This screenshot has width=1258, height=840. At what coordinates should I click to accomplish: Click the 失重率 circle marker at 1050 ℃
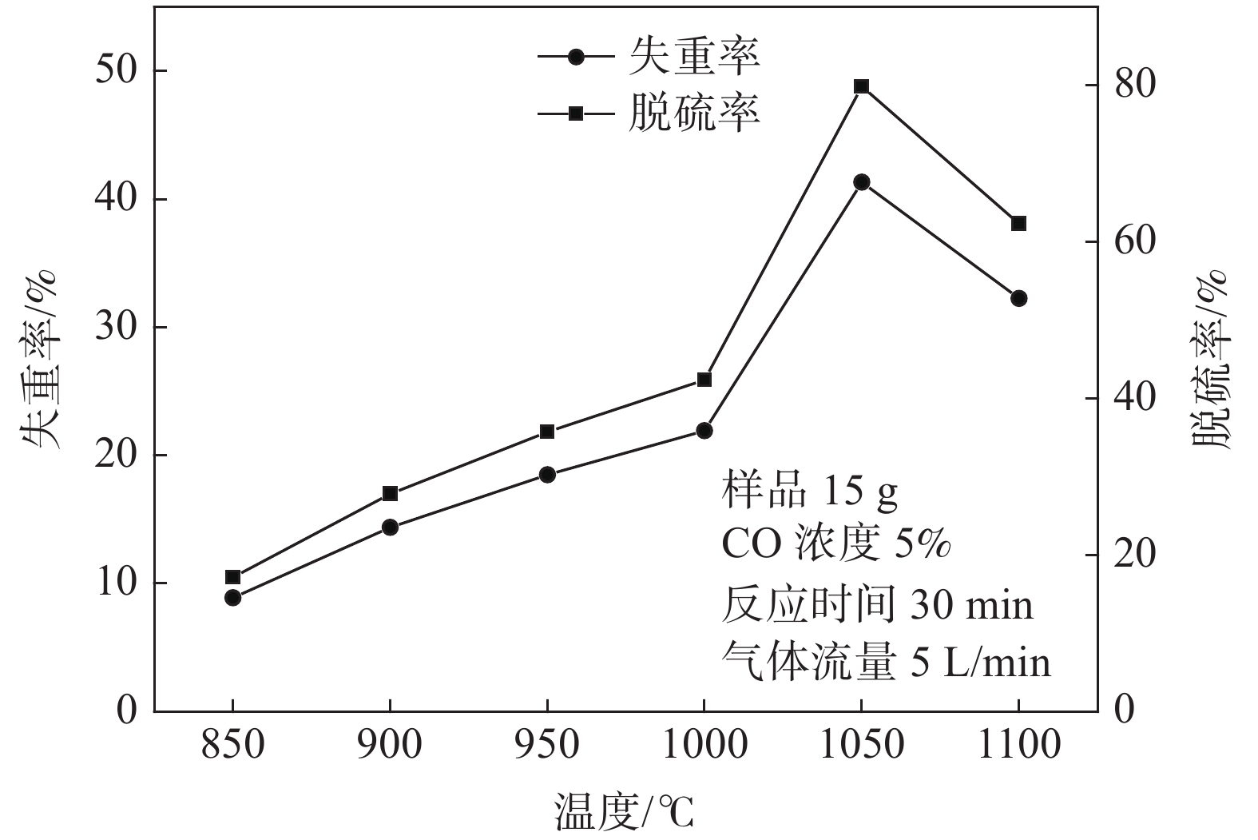pos(861,182)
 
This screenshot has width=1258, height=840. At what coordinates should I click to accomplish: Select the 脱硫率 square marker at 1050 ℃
pos(861,86)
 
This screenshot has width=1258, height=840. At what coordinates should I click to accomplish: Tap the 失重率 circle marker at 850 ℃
pos(232,597)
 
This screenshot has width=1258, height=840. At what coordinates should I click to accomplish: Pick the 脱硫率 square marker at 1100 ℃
pos(1018,223)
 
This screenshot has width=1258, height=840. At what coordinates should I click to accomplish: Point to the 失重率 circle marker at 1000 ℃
pos(704,431)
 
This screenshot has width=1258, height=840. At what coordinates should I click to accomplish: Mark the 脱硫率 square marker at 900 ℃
pos(390,493)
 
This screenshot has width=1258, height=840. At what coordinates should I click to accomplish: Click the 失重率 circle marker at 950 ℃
pos(547,474)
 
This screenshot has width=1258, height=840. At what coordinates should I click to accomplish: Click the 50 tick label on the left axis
pos(116,70)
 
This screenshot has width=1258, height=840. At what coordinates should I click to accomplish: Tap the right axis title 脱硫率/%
pos(1212,360)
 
